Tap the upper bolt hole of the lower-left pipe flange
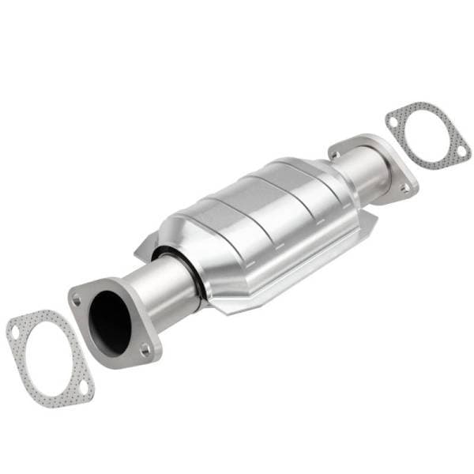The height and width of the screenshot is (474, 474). [x=77, y=299]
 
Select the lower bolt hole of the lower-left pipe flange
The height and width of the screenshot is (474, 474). [x=145, y=348]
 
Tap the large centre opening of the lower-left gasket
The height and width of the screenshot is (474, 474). [x=48, y=359]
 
